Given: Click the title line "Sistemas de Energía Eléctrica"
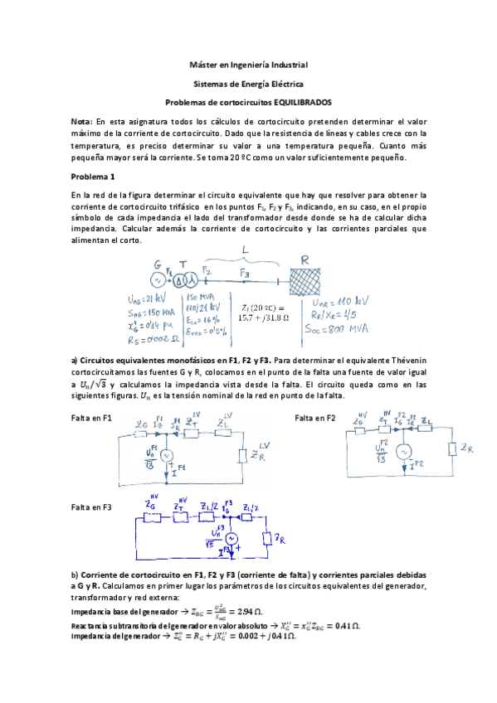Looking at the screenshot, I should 248,84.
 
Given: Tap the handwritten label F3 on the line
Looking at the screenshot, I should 243,273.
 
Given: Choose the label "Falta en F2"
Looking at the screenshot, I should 314,419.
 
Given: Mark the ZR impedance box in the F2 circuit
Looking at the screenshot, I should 453,448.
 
